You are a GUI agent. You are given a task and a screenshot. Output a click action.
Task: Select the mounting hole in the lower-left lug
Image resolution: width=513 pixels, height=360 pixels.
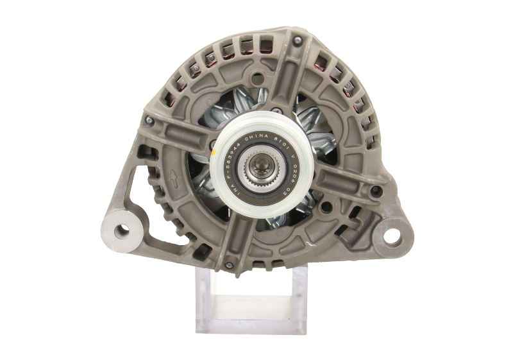point(120,230)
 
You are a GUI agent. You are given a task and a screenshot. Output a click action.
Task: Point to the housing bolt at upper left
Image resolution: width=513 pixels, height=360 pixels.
point(149,120)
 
